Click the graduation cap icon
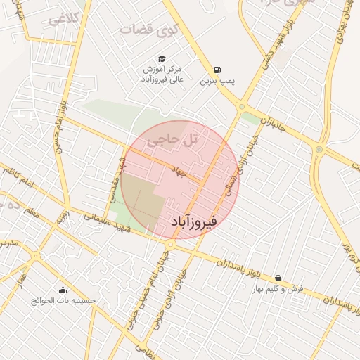tap(162, 59)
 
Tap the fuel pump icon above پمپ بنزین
tap(217, 70)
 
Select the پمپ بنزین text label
tap(217, 82)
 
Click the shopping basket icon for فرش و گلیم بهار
tap(279, 278)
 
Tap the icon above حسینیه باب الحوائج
tap(63, 290)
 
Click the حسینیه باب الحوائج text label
tap(63, 301)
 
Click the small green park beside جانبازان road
tap(250, 118)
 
